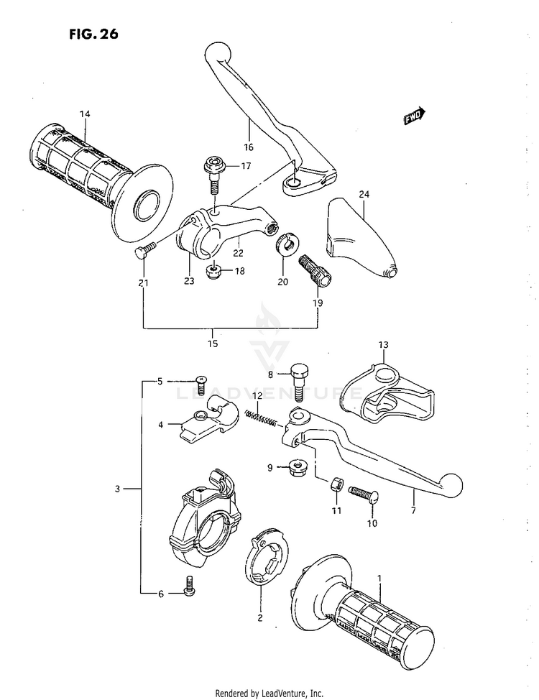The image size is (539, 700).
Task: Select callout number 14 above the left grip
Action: [x=85, y=114]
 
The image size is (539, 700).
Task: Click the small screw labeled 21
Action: [x=143, y=251]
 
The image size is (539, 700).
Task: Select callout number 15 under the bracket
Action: [x=213, y=344]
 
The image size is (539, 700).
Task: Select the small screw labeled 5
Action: [x=201, y=384]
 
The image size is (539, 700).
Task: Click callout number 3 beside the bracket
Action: [x=117, y=489]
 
